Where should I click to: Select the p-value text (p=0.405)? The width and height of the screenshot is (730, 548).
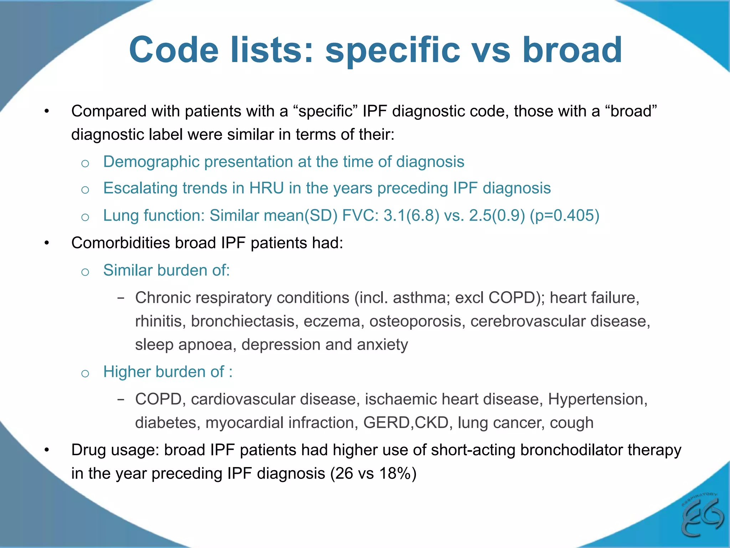(x=565, y=215)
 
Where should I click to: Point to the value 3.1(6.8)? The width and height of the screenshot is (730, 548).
(x=411, y=215)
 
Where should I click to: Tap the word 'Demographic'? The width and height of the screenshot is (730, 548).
(x=151, y=162)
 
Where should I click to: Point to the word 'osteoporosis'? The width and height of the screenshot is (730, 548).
(x=417, y=321)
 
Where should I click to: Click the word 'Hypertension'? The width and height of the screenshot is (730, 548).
(x=597, y=399)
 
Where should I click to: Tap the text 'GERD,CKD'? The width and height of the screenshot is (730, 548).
(x=406, y=423)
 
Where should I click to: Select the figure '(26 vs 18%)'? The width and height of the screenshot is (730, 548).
(x=373, y=473)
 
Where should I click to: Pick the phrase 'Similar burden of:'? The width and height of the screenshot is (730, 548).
(x=166, y=270)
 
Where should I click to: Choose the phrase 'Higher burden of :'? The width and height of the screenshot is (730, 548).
(x=168, y=372)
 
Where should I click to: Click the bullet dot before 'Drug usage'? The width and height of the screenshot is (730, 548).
(x=47, y=450)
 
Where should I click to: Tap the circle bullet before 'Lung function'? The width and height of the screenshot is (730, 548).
(x=85, y=217)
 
